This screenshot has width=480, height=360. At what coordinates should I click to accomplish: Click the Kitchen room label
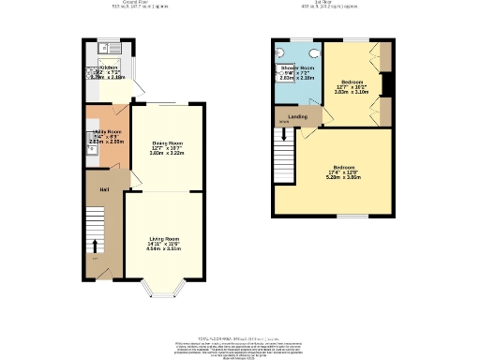pos(109,67)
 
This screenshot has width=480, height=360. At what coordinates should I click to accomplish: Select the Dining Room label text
pos(166,143)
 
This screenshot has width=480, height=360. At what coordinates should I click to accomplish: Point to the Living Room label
pos(163,238)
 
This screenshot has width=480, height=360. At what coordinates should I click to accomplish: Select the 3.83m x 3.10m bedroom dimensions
pos(352,93)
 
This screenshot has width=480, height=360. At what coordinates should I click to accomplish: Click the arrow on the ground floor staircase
pos(94,255)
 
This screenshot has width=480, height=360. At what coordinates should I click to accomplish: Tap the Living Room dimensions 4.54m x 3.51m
pos(163,249)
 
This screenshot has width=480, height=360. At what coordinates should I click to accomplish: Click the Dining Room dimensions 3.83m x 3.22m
pos(166,154)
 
